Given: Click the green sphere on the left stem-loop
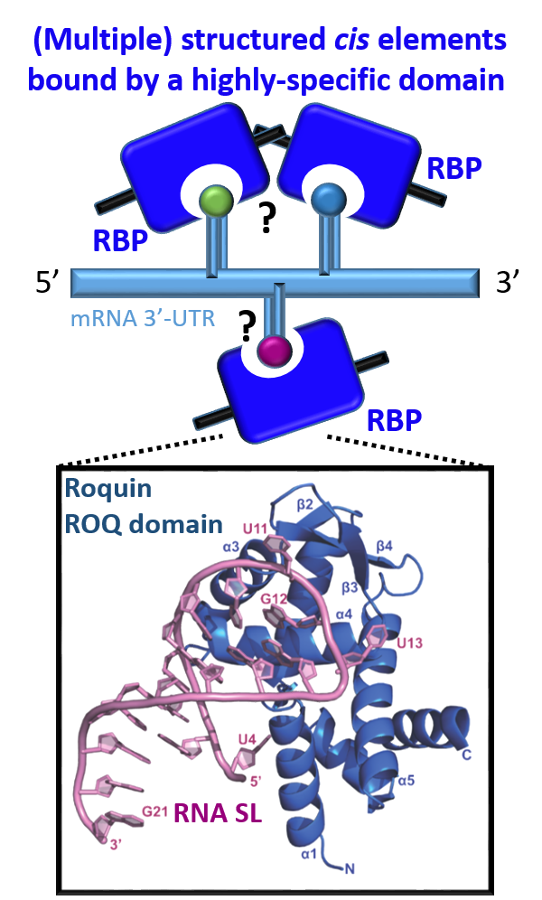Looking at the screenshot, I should pos(215,199).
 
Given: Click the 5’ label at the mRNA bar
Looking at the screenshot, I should pos(48,283).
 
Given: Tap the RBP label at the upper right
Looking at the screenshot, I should pos(454,169).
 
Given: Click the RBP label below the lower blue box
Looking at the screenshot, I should pos(396,421).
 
